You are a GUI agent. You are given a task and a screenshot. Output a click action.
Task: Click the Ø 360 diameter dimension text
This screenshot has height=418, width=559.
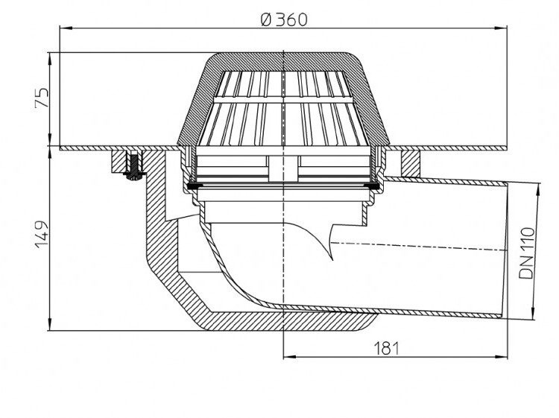click(284, 19)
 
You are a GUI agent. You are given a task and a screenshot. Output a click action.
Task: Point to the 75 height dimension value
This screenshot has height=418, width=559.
click(41, 98)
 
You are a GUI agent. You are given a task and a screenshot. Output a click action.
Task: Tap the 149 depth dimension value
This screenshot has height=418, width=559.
click(41, 235)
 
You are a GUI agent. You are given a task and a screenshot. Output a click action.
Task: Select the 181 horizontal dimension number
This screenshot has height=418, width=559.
click(386, 348)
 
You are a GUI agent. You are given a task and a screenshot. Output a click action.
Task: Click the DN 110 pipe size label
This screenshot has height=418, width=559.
click(526, 253)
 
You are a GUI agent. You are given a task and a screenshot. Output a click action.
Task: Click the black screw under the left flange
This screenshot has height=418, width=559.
click(134, 167)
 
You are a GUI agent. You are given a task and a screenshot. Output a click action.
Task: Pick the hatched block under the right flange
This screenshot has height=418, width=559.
click(411, 163)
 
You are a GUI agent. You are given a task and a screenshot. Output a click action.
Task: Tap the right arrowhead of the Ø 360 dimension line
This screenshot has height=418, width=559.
click(501, 27)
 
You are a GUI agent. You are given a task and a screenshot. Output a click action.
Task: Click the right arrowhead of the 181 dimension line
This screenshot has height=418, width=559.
click(501, 356)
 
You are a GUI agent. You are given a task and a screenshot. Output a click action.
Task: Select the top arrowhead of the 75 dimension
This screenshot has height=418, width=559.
click(50, 59)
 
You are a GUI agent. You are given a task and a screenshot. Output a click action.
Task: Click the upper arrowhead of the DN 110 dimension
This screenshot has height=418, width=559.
click(537, 190)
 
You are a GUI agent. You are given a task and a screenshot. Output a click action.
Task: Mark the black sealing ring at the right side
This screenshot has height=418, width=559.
click(373, 186)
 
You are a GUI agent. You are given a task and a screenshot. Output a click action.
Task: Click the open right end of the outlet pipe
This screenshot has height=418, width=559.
click(505, 250)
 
